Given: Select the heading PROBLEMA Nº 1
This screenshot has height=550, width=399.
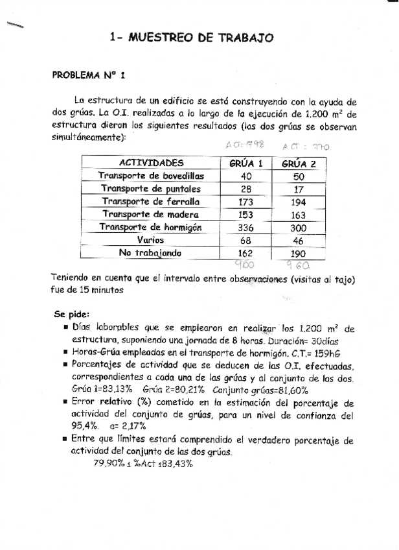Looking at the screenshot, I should pos(89,75).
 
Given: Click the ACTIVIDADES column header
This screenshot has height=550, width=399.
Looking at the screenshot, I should pos(152,163).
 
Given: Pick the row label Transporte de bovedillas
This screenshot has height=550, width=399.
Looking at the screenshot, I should pos(152,176).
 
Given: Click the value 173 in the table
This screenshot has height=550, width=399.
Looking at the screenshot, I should pos(246,202).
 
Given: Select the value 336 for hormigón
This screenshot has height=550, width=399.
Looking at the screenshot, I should pos(246,227).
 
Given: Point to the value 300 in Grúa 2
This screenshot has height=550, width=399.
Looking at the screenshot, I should pos(299,227).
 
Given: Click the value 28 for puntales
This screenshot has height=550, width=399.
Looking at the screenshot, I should pos(246,189).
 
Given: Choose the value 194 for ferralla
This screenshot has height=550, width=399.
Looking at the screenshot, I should pos(299,202).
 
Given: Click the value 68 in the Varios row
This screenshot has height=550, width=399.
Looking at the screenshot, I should pos(246,240).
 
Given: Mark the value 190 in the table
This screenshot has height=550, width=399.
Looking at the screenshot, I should pos(299,252).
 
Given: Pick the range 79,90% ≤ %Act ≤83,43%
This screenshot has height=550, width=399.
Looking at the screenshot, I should pos(143,464).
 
